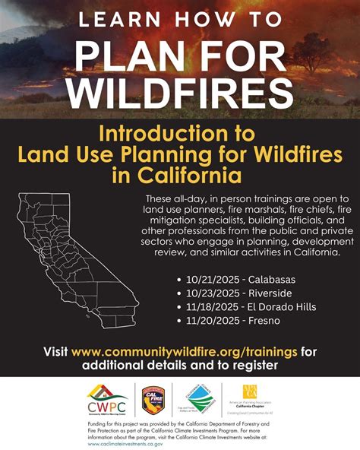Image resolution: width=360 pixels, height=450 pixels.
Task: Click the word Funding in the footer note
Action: pyautogui.click(x=99, y=422)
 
